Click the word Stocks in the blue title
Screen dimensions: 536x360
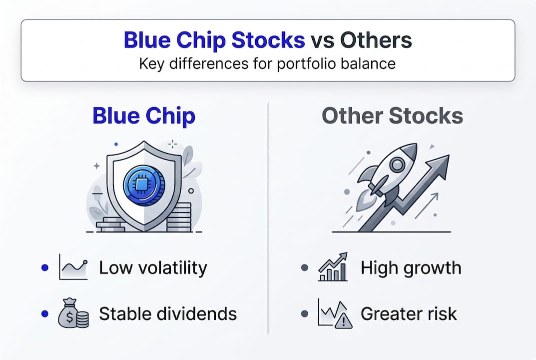pyautogui.click(x=268, y=40)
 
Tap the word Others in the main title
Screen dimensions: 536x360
pyautogui.click(x=376, y=40)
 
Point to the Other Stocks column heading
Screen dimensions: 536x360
pyautogui.click(x=392, y=115)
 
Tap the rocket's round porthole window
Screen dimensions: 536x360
pyautogui.click(x=397, y=164)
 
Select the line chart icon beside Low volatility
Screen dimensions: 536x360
pyautogui.click(x=73, y=267)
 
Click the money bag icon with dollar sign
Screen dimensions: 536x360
pyautogui.click(x=73, y=313)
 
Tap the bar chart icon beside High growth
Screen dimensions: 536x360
pyautogui.click(x=333, y=267)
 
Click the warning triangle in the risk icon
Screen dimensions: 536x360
pyautogui.click(x=343, y=320)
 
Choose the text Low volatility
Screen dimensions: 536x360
pyautogui.click(x=153, y=267)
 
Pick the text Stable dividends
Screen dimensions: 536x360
pyautogui.click(x=168, y=314)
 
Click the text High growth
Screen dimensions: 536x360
pyautogui.click(x=411, y=268)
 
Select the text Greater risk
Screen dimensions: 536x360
pyautogui.click(x=409, y=314)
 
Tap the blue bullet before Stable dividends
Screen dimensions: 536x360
pyautogui.click(x=45, y=313)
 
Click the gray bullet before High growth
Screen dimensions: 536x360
pyautogui.click(x=305, y=267)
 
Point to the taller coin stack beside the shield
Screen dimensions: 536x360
pyautogui.click(x=179, y=217)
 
